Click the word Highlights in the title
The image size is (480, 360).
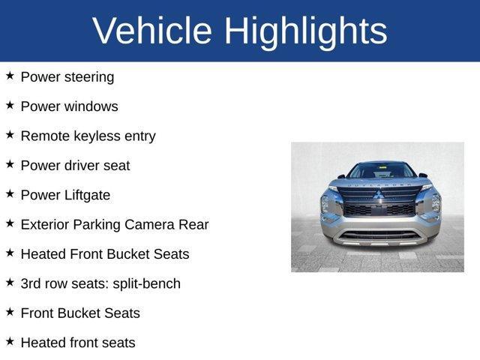pos(305,31)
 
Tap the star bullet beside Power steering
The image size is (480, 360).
pos(10,76)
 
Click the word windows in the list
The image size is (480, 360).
pos(90,106)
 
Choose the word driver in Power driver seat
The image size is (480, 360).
pos(82,165)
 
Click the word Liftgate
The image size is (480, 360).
pos(85,195)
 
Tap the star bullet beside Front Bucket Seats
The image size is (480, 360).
pos(10,312)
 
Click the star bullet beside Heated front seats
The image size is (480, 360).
pos(10,341)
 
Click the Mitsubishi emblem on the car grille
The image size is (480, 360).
pos(378,195)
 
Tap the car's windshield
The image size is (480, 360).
pos(381,171)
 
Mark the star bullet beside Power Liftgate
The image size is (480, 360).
pos(10,193)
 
